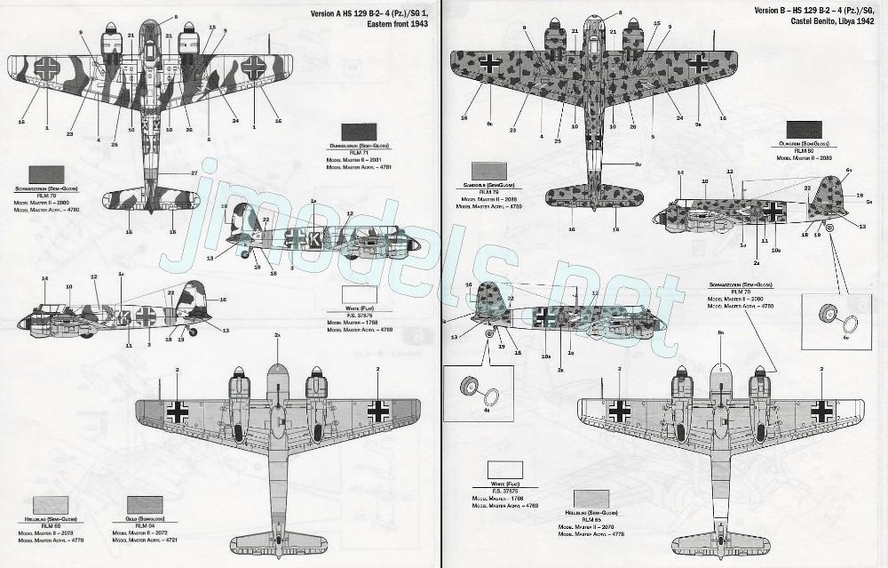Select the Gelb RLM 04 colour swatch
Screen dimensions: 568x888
pos(145,507)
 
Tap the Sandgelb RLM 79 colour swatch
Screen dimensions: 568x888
pos(491,172)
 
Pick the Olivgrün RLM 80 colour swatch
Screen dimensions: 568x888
pos(806,132)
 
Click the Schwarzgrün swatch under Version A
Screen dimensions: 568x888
pos(47,174)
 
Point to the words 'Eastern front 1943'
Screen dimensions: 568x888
pos(399,25)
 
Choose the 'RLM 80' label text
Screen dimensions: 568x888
pos(806,151)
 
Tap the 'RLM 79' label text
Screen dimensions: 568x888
pos(491,192)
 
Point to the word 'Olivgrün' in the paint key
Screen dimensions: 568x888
pos(795,145)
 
